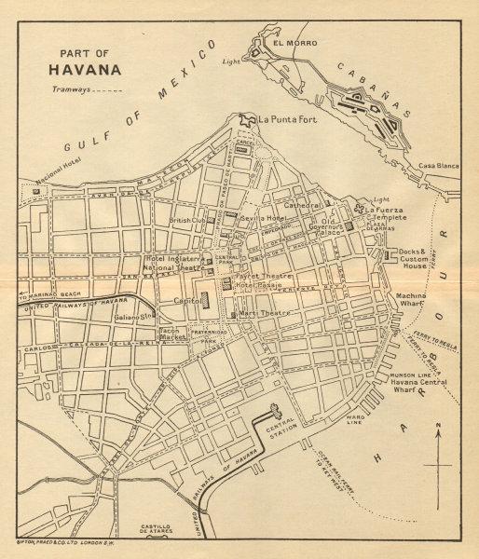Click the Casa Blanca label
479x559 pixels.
click(439, 164)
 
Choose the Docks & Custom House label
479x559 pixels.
click(410, 259)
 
